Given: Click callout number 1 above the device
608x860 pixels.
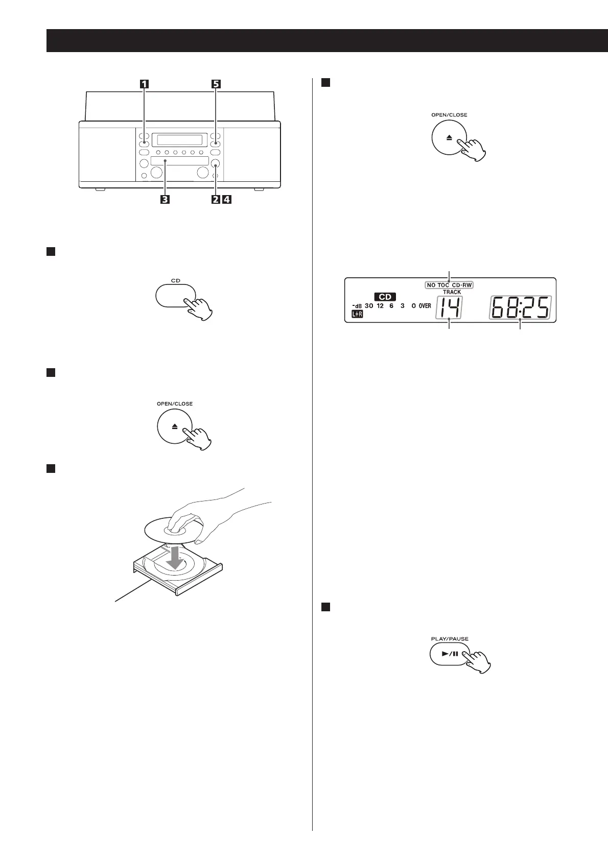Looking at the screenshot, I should [x=145, y=85].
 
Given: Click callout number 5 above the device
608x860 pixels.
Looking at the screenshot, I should [x=216, y=85].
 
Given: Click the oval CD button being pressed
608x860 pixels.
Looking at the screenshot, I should [x=175, y=296].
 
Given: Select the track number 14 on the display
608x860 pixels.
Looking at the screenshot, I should [x=449, y=308].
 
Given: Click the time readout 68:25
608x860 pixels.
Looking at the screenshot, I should [x=520, y=308].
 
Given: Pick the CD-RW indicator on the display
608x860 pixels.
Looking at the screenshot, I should [x=461, y=285].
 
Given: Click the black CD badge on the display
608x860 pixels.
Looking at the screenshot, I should [x=385, y=297].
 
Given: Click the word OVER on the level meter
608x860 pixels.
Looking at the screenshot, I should [x=425, y=306].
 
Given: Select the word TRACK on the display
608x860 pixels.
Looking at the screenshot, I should [x=452, y=292].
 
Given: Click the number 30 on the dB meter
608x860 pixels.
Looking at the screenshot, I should [x=369, y=306].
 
